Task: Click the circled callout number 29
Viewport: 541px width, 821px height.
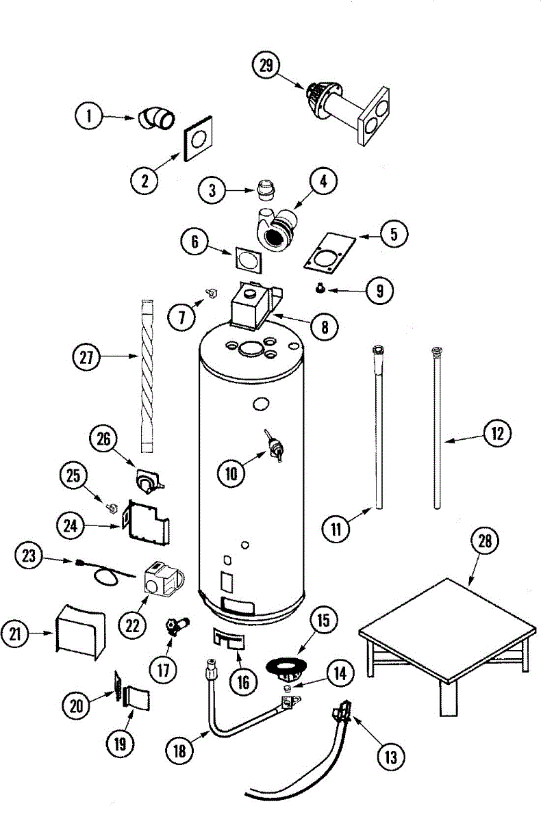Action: [266, 65]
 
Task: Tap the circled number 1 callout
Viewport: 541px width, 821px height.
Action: [89, 116]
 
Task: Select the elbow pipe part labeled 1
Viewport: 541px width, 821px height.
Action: [157, 118]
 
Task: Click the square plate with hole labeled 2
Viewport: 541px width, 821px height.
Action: [198, 139]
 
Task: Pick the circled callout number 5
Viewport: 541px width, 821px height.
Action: [394, 234]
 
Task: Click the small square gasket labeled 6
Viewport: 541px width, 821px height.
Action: [248, 260]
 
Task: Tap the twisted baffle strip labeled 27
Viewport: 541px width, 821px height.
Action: [147, 376]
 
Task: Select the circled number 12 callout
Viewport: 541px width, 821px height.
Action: [497, 433]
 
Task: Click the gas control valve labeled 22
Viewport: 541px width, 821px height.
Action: [163, 582]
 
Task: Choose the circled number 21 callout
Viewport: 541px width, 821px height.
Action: [14, 634]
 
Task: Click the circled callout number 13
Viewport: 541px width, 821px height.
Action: [390, 756]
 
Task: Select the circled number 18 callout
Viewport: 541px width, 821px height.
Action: [179, 751]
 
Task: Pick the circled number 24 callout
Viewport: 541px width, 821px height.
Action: [71, 526]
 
